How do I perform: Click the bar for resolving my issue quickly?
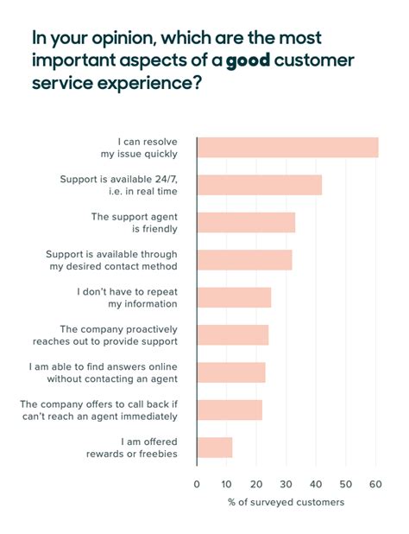point(287,148)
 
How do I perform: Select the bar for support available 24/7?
point(259,185)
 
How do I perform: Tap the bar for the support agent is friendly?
point(246,222)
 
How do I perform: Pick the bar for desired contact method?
point(244,260)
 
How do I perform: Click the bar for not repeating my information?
point(234,297)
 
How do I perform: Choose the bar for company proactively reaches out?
point(233,335)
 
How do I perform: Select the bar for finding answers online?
point(231,372)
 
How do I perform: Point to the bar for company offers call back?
point(230,410)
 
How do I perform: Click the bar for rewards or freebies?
point(215,448)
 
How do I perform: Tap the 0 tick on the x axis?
point(197,484)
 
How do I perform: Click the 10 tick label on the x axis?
point(227,484)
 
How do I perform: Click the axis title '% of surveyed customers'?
point(286,502)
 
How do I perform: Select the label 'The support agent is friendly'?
point(134,222)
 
